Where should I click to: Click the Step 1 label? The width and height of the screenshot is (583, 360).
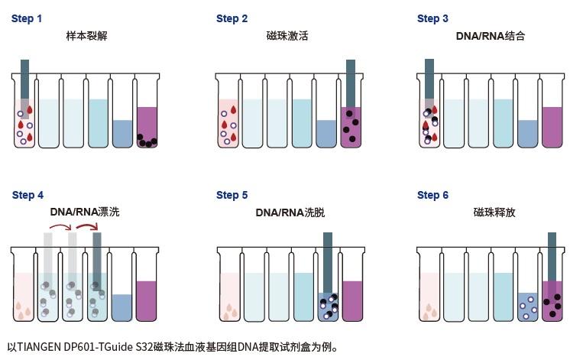pos(27,18)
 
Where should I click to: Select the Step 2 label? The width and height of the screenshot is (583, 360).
pos(232,18)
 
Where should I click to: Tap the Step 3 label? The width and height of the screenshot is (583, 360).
pos(432,18)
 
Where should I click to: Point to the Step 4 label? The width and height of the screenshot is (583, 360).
pos(28,195)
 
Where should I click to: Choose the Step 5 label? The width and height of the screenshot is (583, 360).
pos(232,195)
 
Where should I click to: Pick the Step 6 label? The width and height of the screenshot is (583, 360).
pos(432,195)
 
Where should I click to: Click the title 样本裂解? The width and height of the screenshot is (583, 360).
pos(86,36)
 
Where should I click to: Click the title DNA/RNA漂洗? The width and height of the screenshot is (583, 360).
pos(85,212)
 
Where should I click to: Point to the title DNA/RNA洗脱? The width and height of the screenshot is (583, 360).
pos(290,212)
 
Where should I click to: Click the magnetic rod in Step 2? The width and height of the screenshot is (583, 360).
pos(351,84)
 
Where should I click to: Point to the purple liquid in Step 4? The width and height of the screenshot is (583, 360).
pos(147,300)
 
